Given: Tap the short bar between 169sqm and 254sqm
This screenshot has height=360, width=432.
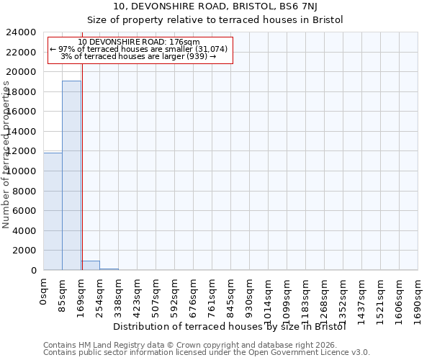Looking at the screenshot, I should [90, 265].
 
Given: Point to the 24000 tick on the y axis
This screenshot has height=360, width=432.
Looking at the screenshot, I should [21, 32].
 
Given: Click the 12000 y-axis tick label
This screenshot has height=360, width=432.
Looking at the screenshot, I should [21, 151].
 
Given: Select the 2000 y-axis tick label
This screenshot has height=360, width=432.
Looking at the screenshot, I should [24, 251].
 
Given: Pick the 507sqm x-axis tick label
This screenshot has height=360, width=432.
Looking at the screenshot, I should [156, 296].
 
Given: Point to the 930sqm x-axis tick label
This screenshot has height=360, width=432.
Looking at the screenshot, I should [250, 296].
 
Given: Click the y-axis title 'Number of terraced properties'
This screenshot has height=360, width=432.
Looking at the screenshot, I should [6, 155].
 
